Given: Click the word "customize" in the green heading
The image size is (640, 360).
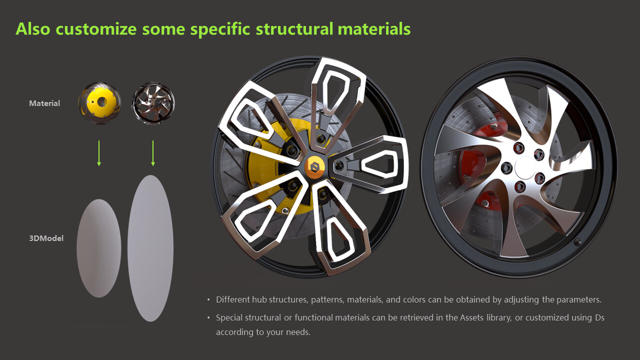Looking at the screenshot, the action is click(x=96, y=29).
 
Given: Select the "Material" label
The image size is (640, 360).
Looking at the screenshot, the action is click(x=44, y=103).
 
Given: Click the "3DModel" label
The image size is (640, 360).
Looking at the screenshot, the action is click(x=46, y=238).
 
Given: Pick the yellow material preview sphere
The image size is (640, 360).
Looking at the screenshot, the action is click(x=99, y=103).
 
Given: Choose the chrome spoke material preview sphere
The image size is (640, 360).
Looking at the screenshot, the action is click(x=153, y=103).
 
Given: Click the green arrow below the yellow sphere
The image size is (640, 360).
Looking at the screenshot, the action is click(x=99, y=153).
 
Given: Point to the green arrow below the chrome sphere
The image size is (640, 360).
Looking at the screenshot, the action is click(x=153, y=153).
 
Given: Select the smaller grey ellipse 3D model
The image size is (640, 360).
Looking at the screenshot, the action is click(x=99, y=248).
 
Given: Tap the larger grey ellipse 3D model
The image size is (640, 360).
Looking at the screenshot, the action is click(x=150, y=248).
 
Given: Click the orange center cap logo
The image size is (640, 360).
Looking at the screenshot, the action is click(x=315, y=167).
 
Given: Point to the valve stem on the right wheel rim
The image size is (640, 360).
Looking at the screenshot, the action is click(x=577, y=242).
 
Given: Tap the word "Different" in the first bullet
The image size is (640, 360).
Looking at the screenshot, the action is click(x=233, y=299).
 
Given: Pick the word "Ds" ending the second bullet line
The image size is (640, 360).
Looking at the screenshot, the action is click(x=599, y=317).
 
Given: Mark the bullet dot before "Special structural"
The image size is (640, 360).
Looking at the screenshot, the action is click(x=208, y=317).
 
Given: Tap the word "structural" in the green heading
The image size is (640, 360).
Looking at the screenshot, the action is click(x=294, y=29).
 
